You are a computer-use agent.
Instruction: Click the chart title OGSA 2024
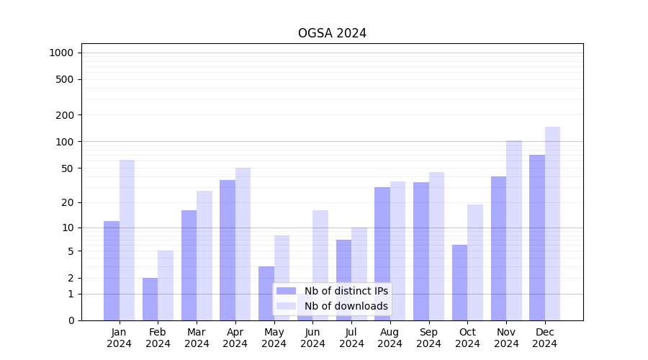pos(332,33)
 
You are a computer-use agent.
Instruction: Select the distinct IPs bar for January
pos(112,271)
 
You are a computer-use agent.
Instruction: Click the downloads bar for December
pos(552,223)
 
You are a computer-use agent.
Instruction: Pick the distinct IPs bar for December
pos(537,238)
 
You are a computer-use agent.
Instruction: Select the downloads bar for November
pos(514,230)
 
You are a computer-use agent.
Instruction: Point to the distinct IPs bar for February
pos(150,299)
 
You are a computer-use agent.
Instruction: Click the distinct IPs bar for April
pos(228,250)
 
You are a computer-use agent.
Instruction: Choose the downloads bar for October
pos(475,262)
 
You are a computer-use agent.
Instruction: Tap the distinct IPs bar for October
pos(459,282)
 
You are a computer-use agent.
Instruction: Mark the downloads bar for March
pos(204,256)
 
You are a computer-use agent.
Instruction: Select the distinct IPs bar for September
pos(421,251)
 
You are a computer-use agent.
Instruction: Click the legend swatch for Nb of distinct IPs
pos(286,291)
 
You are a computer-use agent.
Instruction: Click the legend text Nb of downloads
pos(346,306)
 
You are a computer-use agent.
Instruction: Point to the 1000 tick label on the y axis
pos(61,53)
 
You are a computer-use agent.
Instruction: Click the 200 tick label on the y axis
pos(65,115)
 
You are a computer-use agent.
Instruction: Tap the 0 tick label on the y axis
pos(71,320)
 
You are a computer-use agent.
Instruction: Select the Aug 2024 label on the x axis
pos(390,338)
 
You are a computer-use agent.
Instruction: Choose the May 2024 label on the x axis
pos(274,338)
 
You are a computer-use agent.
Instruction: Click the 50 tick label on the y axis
pos(68,168)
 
